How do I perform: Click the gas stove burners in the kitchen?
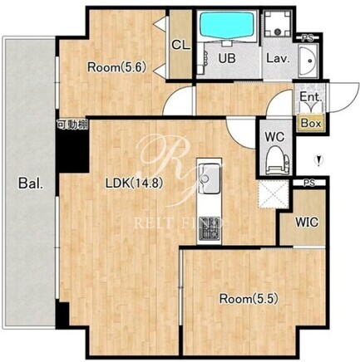pos(209,228)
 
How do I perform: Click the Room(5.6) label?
pos(116,67)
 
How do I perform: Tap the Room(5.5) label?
pos(249,299)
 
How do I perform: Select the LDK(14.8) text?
pos(134,183)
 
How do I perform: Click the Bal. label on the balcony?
pos(31,183)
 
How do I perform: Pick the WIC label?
pos(307,222)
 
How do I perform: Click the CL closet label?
pos(181,45)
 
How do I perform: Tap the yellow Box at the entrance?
pos(311,123)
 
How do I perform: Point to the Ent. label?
pos(311,97)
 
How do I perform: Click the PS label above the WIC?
pos(309,183)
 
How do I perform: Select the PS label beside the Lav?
pos(307,38)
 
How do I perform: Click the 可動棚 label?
pos(72,125)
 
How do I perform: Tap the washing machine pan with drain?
pos(278,23)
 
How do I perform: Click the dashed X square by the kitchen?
pos(274,194)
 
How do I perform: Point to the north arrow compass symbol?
pos(319,161)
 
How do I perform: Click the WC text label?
pos(274,136)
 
